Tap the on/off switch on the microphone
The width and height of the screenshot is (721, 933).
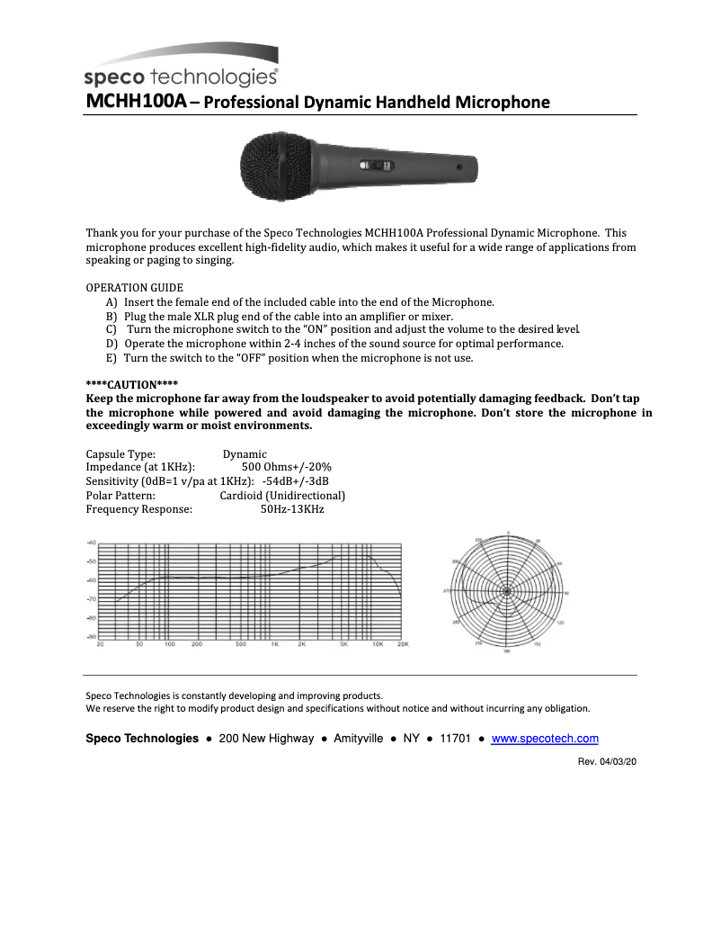coord(376,166)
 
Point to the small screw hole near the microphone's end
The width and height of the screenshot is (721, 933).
coord(459,167)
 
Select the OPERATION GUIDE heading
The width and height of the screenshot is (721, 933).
coord(134,288)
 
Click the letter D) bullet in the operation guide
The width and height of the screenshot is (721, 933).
coord(112,344)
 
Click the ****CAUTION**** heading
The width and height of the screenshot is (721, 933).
coord(132,384)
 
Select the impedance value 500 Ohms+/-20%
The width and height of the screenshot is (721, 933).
coord(287,467)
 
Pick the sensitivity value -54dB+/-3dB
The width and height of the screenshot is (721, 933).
coord(295,481)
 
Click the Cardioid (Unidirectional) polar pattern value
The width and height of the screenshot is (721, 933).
coord(282,495)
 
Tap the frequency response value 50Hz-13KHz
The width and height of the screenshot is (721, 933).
coord(292,509)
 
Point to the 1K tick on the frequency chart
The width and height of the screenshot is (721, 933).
coord(275,644)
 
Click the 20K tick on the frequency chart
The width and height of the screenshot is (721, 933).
coord(403,644)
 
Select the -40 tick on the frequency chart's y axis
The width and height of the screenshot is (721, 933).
coord(91,543)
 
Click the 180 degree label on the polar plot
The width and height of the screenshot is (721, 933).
coord(507,650)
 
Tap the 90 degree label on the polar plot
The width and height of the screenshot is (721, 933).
coord(566,592)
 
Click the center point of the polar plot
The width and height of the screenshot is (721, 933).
coord(507,591)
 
